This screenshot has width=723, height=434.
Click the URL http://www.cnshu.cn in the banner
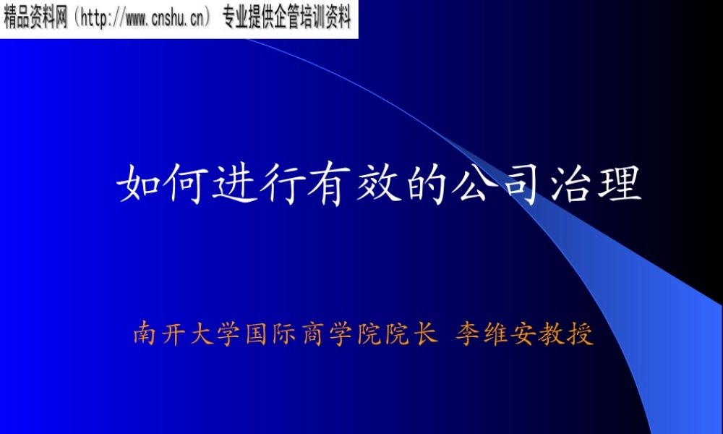click(145, 20)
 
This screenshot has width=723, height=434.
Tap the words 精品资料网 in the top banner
click(35, 20)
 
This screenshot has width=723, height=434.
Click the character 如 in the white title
click(135, 185)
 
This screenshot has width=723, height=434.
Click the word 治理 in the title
click(597, 185)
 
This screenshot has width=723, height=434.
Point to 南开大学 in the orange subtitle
click(187, 335)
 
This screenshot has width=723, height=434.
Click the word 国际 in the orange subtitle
click(270, 335)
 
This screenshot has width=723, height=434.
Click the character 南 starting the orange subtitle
click(145, 335)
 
